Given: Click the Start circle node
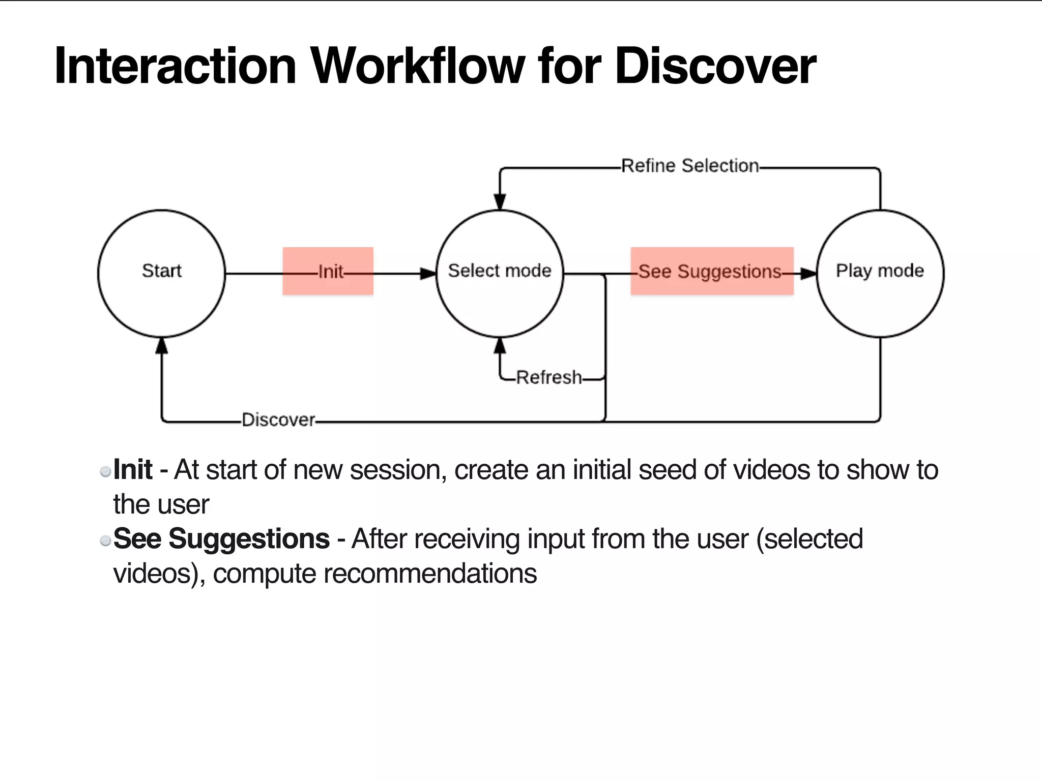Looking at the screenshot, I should pyautogui.click(x=161, y=273).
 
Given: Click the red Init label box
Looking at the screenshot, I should pyautogui.click(x=328, y=271).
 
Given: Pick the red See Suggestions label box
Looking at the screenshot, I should pyautogui.click(x=712, y=271).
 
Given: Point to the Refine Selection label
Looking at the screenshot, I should pyautogui.click(x=689, y=166).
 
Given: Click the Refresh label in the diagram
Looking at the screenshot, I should pyautogui.click(x=548, y=378).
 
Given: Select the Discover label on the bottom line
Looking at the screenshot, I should pyautogui.click(x=278, y=420).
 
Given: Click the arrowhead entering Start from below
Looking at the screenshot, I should pyautogui.click(x=161, y=346).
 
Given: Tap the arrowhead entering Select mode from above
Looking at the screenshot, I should pyautogui.click(x=500, y=202).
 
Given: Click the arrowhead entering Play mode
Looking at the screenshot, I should pyautogui.click(x=808, y=274).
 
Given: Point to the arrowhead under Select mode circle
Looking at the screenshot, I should pyautogui.click(x=500, y=346).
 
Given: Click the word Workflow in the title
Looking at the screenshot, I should pyautogui.click(x=417, y=66).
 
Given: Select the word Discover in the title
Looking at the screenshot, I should pyautogui.click(x=715, y=66).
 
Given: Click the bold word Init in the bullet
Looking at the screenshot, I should pyautogui.click(x=132, y=469).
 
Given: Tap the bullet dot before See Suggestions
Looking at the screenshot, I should pyautogui.click(x=105, y=540).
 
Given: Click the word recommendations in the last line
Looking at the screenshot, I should pyautogui.click(x=430, y=574).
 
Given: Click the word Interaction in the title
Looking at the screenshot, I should pyautogui.click(x=176, y=66).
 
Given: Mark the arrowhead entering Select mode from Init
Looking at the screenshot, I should pyautogui.click(x=428, y=274).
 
